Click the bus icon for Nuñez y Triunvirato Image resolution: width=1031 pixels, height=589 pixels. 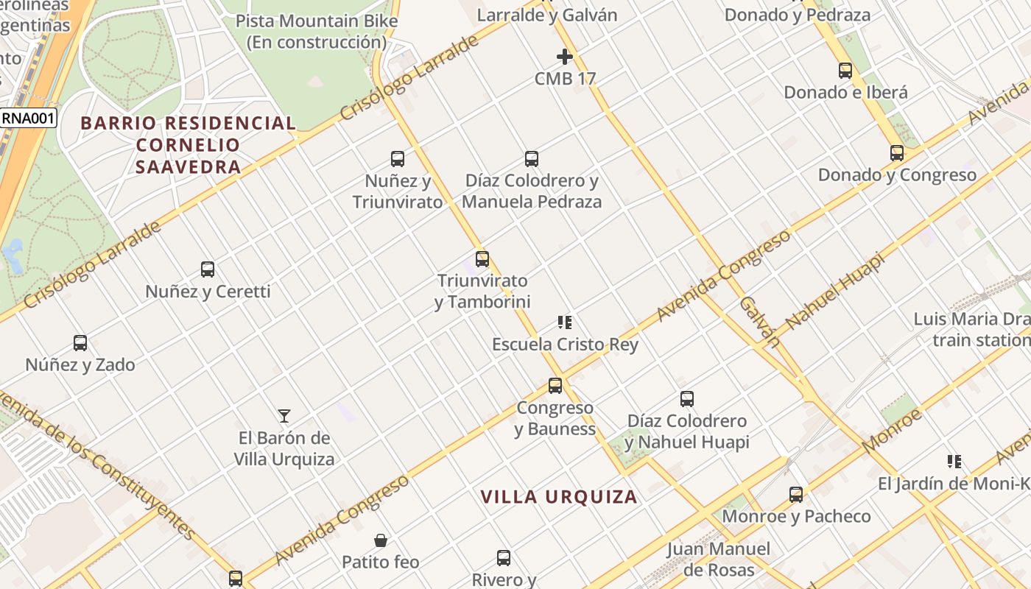click(398, 158)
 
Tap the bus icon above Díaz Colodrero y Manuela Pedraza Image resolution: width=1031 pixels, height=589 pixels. click(532, 158)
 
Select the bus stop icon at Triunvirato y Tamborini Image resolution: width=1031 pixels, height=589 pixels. click(482, 258)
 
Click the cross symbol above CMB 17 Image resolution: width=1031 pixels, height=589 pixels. click(565, 57)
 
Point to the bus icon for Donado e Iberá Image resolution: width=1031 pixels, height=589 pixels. click(845, 71)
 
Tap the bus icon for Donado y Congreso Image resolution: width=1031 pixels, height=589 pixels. click(897, 153)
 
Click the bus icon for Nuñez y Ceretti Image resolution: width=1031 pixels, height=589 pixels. click(208, 269)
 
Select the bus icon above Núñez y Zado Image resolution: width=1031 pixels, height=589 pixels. click(80, 343)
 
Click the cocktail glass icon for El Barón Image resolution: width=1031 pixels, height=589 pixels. click(284, 416)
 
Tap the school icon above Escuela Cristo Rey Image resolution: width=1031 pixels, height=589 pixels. click(565, 322)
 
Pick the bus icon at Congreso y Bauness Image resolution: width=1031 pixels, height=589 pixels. click(555, 386)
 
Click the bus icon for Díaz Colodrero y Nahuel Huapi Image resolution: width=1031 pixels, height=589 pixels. click(687, 399)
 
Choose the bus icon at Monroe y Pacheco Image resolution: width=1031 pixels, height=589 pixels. click(796, 495)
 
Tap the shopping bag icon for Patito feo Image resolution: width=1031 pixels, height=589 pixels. click(381, 541)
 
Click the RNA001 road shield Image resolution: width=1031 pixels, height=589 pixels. click(28, 118)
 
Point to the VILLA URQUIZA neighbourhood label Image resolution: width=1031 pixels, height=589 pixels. click(559, 497)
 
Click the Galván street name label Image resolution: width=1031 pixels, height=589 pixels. click(759, 321)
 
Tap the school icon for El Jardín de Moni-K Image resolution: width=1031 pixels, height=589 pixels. click(954, 462)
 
